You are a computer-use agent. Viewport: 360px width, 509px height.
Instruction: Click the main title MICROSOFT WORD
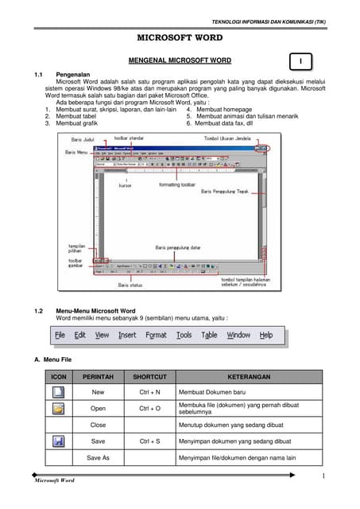[180, 37]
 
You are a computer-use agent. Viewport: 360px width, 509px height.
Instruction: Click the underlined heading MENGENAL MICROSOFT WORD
[180, 60]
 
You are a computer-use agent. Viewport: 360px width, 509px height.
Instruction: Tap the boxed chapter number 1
[300, 61]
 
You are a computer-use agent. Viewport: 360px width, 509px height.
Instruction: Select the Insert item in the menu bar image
[127, 335]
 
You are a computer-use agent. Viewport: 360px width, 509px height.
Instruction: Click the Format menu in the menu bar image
[156, 335]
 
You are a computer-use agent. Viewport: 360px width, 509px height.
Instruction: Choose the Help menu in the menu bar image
[266, 335]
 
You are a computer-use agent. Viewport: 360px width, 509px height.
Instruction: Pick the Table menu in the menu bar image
[209, 335]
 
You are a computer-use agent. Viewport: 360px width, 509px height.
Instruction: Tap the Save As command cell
[98, 457]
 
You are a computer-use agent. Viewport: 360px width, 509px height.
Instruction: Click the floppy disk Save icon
[58, 440]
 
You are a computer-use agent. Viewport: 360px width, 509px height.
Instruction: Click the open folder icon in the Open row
[58, 409]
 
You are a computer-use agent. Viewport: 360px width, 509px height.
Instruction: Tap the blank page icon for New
[58, 392]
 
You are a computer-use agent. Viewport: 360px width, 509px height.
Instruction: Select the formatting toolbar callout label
[176, 185]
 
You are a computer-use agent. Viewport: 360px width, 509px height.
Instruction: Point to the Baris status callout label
[130, 284]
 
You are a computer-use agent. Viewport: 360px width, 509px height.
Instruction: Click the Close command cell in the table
[98, 425]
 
